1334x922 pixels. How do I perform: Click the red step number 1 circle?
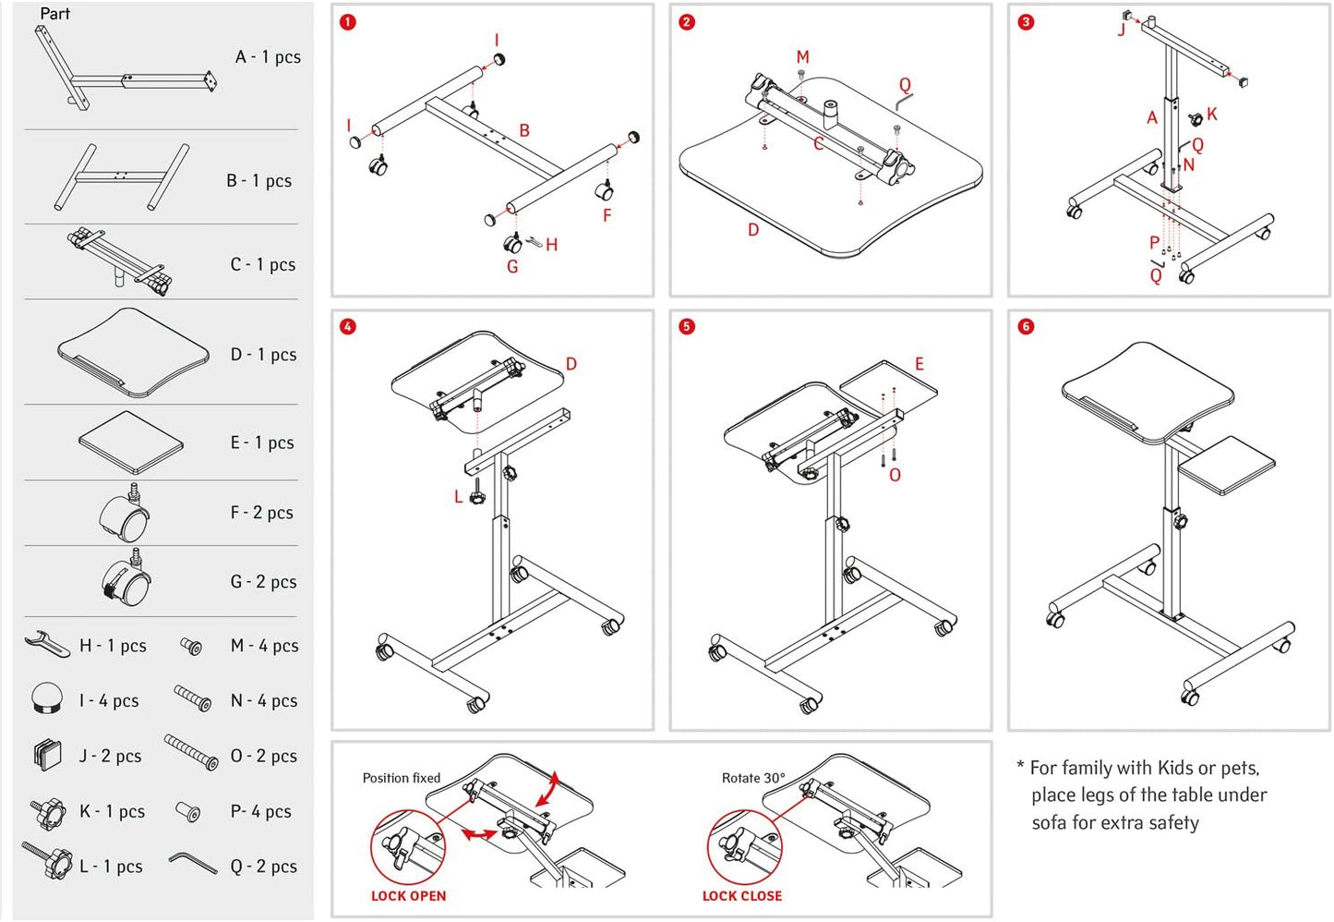pyautogui.click(x=348, y=22)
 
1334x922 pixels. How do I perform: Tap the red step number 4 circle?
pyautogui.click(x=348, y=327)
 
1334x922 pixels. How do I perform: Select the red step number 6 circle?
pyautogui.click(x=1026, y=327)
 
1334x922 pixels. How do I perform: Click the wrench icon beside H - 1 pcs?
pyautogui.click(x=46, y=643)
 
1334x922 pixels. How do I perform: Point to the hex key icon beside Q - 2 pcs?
pyautogui.click(x=193, y=863)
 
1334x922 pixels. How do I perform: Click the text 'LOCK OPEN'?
pyautogui.click(x=408, y=896)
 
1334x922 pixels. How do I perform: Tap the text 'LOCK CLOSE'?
pyautogui.click(x=741, y=896)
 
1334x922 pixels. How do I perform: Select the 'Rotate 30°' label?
pyautogui.click(x=753, y=778)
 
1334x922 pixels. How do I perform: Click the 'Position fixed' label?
pyautogui.click(x=402, y=778)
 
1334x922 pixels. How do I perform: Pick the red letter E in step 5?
pyautogui.click(x=919, y=364)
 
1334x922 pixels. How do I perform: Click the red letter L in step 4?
pyautogui.click(x=458, y=497)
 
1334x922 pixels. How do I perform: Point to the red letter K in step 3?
pyautogui.click(x=1212, y=115)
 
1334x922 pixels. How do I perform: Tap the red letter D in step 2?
pyautogui.click(x=753, y=230)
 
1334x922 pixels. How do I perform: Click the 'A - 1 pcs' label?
pyautogui.click(x=268, y=57)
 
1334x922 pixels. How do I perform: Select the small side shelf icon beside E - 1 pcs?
pyautogui.click(x=130, y=442)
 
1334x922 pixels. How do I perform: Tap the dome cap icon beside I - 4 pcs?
pyautogui.click(x=47, y=698)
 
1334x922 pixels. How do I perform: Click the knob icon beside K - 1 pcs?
pyautogui.click(x=48, y=813)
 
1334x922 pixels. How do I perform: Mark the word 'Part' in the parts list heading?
pyautogui.click(x=54, y=14)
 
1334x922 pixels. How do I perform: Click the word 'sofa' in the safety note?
pyautogui.click(x=1049, y=822)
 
